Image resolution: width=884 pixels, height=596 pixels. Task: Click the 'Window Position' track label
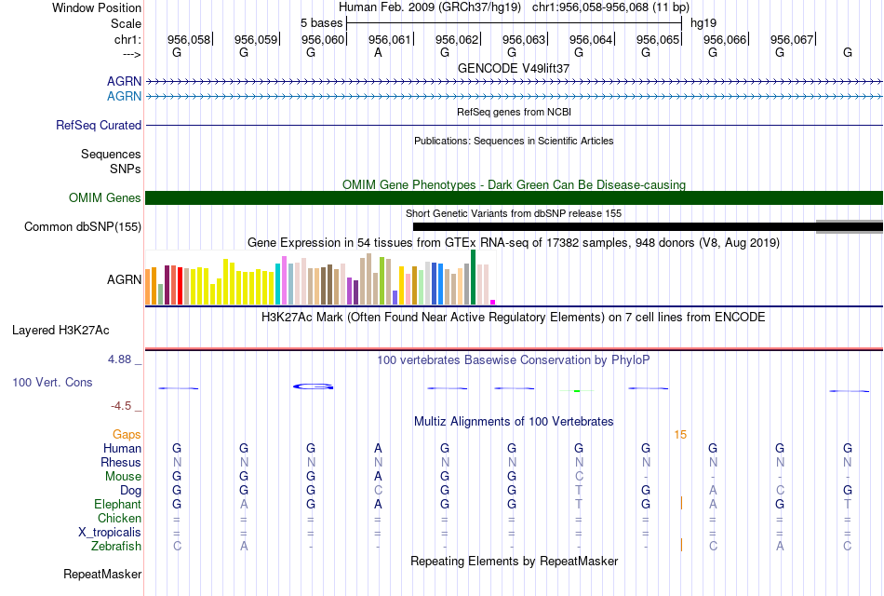[97, 7]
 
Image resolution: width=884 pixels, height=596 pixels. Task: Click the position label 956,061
[390, 39]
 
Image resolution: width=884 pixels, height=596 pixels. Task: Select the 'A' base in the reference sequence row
[378, 52]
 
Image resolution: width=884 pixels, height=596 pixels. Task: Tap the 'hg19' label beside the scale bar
[703, 23]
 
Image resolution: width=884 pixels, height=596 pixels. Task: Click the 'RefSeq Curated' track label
[99, 126]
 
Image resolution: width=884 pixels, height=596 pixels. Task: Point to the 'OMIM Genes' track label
[105, 198]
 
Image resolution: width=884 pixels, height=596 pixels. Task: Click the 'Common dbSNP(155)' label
[83, 227]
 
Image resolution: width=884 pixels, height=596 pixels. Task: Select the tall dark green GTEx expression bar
[473, 278]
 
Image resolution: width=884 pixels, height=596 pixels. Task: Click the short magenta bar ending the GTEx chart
[493, 302]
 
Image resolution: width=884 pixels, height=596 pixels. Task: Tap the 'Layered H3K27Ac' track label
[60, 331]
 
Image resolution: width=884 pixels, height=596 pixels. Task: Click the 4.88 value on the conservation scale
[119, 359]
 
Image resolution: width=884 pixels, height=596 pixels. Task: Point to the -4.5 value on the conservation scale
[121, 406]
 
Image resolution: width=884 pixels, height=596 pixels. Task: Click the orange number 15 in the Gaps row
[680, 435]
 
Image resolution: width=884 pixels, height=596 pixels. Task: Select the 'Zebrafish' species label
[116, 547]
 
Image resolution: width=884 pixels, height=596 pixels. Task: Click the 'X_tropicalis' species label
[110, 533]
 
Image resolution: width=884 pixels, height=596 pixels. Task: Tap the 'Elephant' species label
[118, 505]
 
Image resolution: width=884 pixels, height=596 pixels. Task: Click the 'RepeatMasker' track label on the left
[102, 575]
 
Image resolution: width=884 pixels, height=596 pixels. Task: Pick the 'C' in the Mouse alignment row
[579, 477]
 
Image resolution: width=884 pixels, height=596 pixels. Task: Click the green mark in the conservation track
[577, 390]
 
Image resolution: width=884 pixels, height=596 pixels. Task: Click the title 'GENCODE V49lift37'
[514, 68]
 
